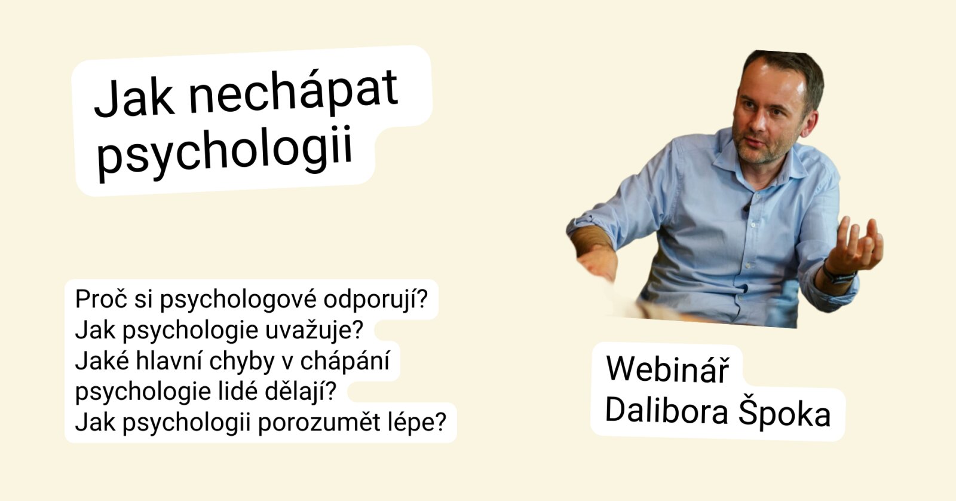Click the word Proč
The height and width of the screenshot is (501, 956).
point(101,298)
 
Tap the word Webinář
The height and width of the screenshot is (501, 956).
point(667,369)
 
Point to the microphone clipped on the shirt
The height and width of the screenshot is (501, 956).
point(746,208)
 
